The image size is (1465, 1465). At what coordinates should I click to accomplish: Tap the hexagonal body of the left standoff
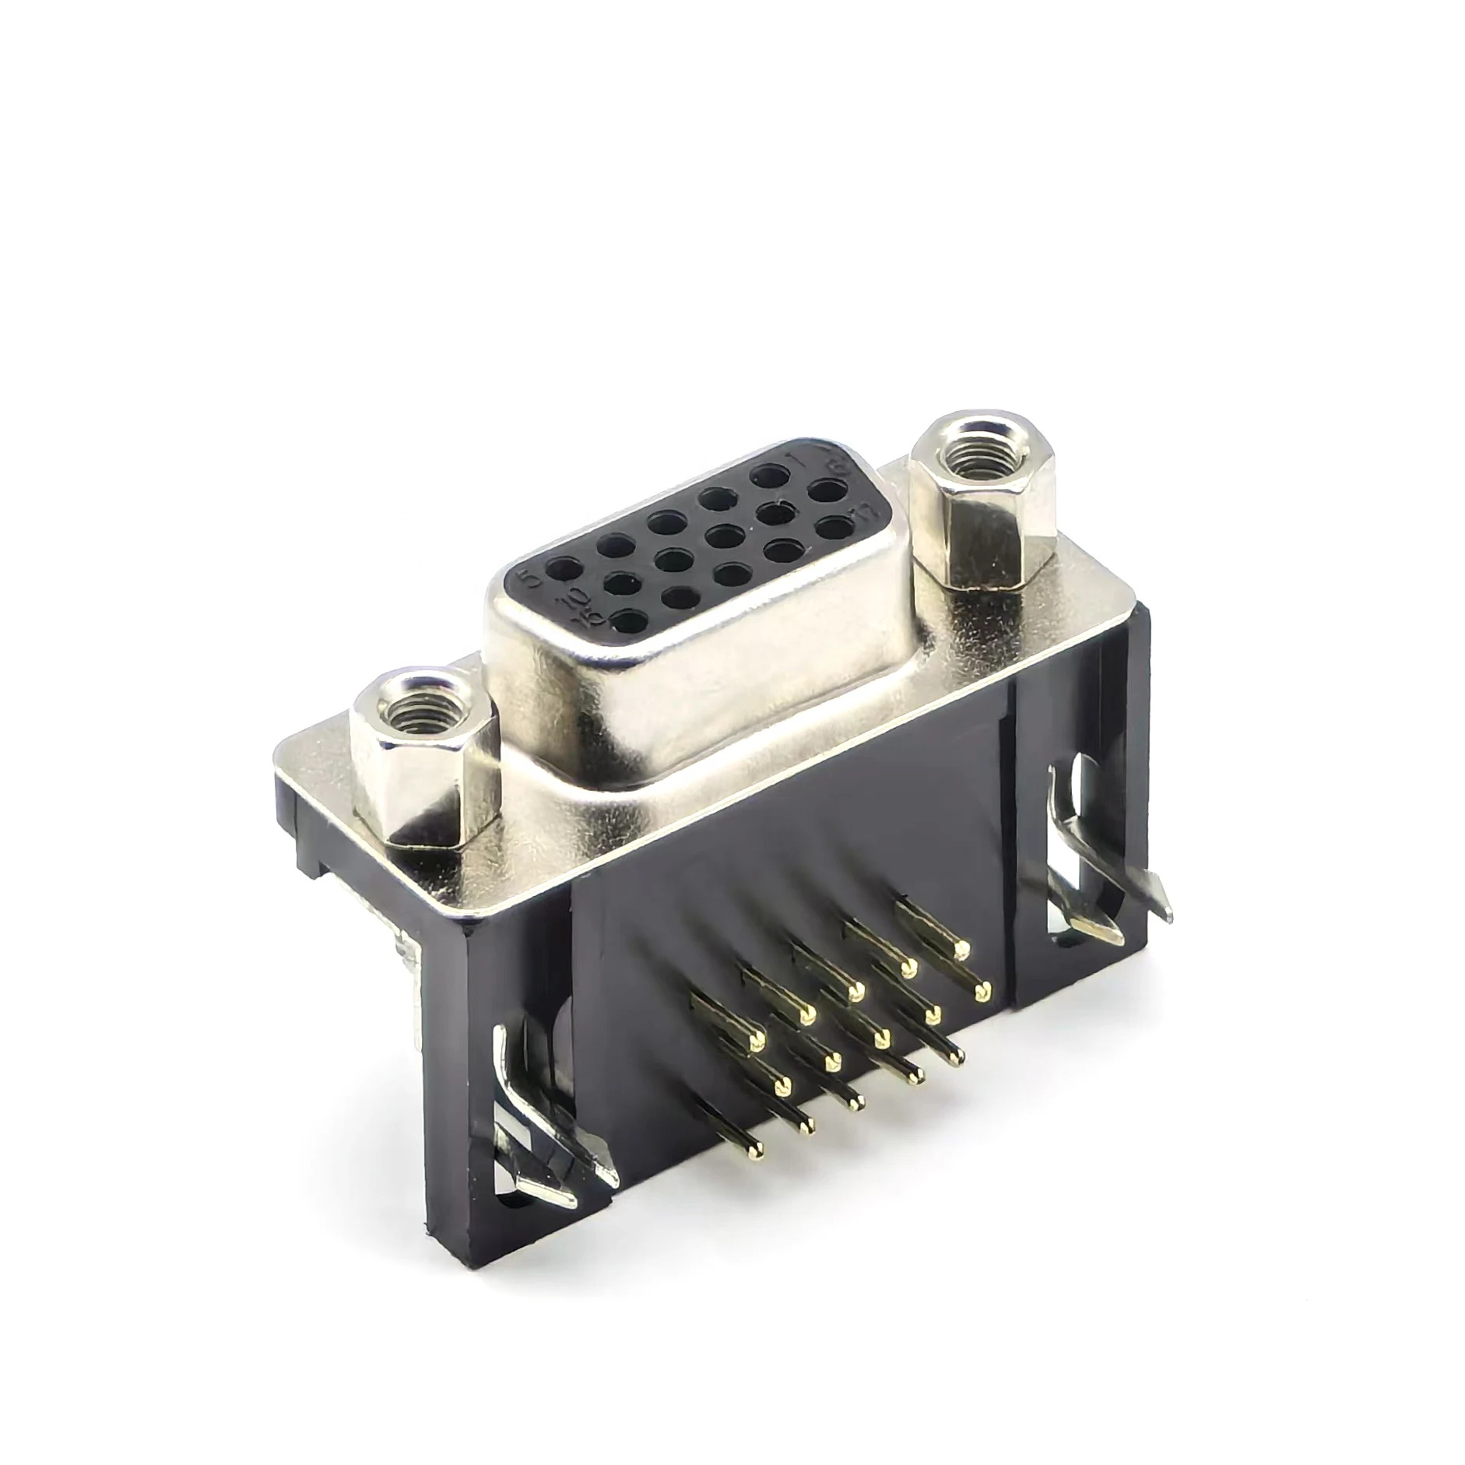click(428, 786)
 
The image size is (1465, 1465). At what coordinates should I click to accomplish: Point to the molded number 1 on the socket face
click(795, 458)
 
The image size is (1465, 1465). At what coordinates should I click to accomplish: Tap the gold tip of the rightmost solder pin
click(982, 991)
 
